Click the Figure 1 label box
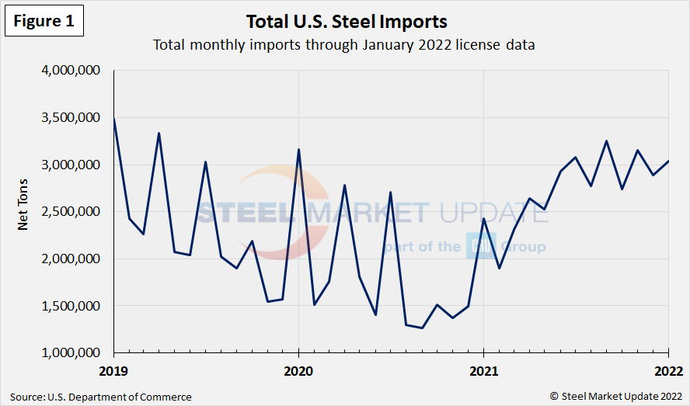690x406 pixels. pos(44,22)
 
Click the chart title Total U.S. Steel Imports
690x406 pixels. pos(347,21)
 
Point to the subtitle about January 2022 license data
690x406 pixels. pos(344,45)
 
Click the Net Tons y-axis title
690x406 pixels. pos(23,212)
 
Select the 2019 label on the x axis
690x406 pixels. pos(113,370)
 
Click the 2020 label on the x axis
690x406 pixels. pos(298,370)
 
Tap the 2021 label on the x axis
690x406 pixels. pos(483,370)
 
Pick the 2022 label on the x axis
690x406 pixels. pos(669,370)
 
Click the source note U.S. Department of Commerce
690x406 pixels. pos(101,397)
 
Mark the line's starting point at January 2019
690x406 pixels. pos(114,119)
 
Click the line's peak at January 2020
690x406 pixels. pos(299,150)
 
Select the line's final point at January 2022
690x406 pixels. pos(668,161)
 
